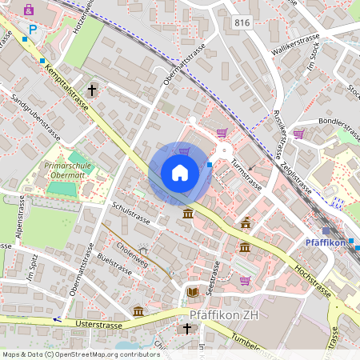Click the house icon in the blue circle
coord(180,173)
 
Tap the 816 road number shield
coord(242,23)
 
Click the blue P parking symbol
coord(33,29)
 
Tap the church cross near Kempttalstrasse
coord(92,90)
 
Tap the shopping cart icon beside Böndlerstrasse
coord(298,134)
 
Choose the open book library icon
coord(191,292)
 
